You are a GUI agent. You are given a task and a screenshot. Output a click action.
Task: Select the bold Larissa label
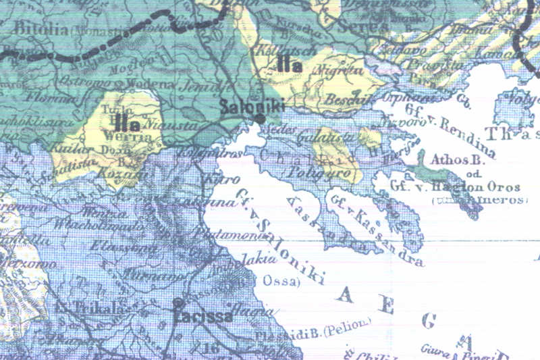coord(202,315)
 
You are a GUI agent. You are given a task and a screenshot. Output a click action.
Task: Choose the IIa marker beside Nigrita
coord(289,64)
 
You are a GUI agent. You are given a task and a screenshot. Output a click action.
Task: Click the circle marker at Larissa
coord(178,303)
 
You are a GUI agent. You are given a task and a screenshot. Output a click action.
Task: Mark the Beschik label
coord(342,99)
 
